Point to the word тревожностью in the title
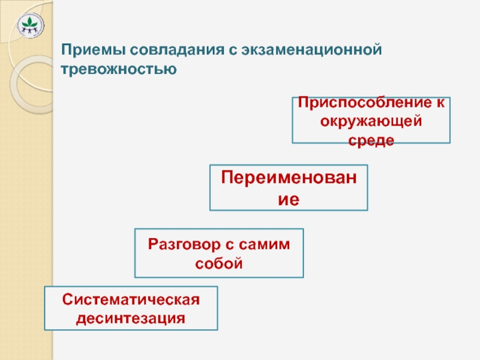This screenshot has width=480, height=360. [119, 70]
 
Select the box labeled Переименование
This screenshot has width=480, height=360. [289, 188]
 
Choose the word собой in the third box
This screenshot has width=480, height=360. [219, 263]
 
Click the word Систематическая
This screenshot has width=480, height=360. [131, 299]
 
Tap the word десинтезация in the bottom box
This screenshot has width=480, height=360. [131, 317]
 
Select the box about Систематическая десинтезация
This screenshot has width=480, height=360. [131, 308]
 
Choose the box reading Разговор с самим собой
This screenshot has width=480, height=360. [219, 253]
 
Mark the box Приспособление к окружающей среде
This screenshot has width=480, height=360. [371, 120]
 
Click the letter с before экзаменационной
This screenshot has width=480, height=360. [229, 50]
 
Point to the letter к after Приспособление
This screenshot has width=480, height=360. [440, 103]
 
